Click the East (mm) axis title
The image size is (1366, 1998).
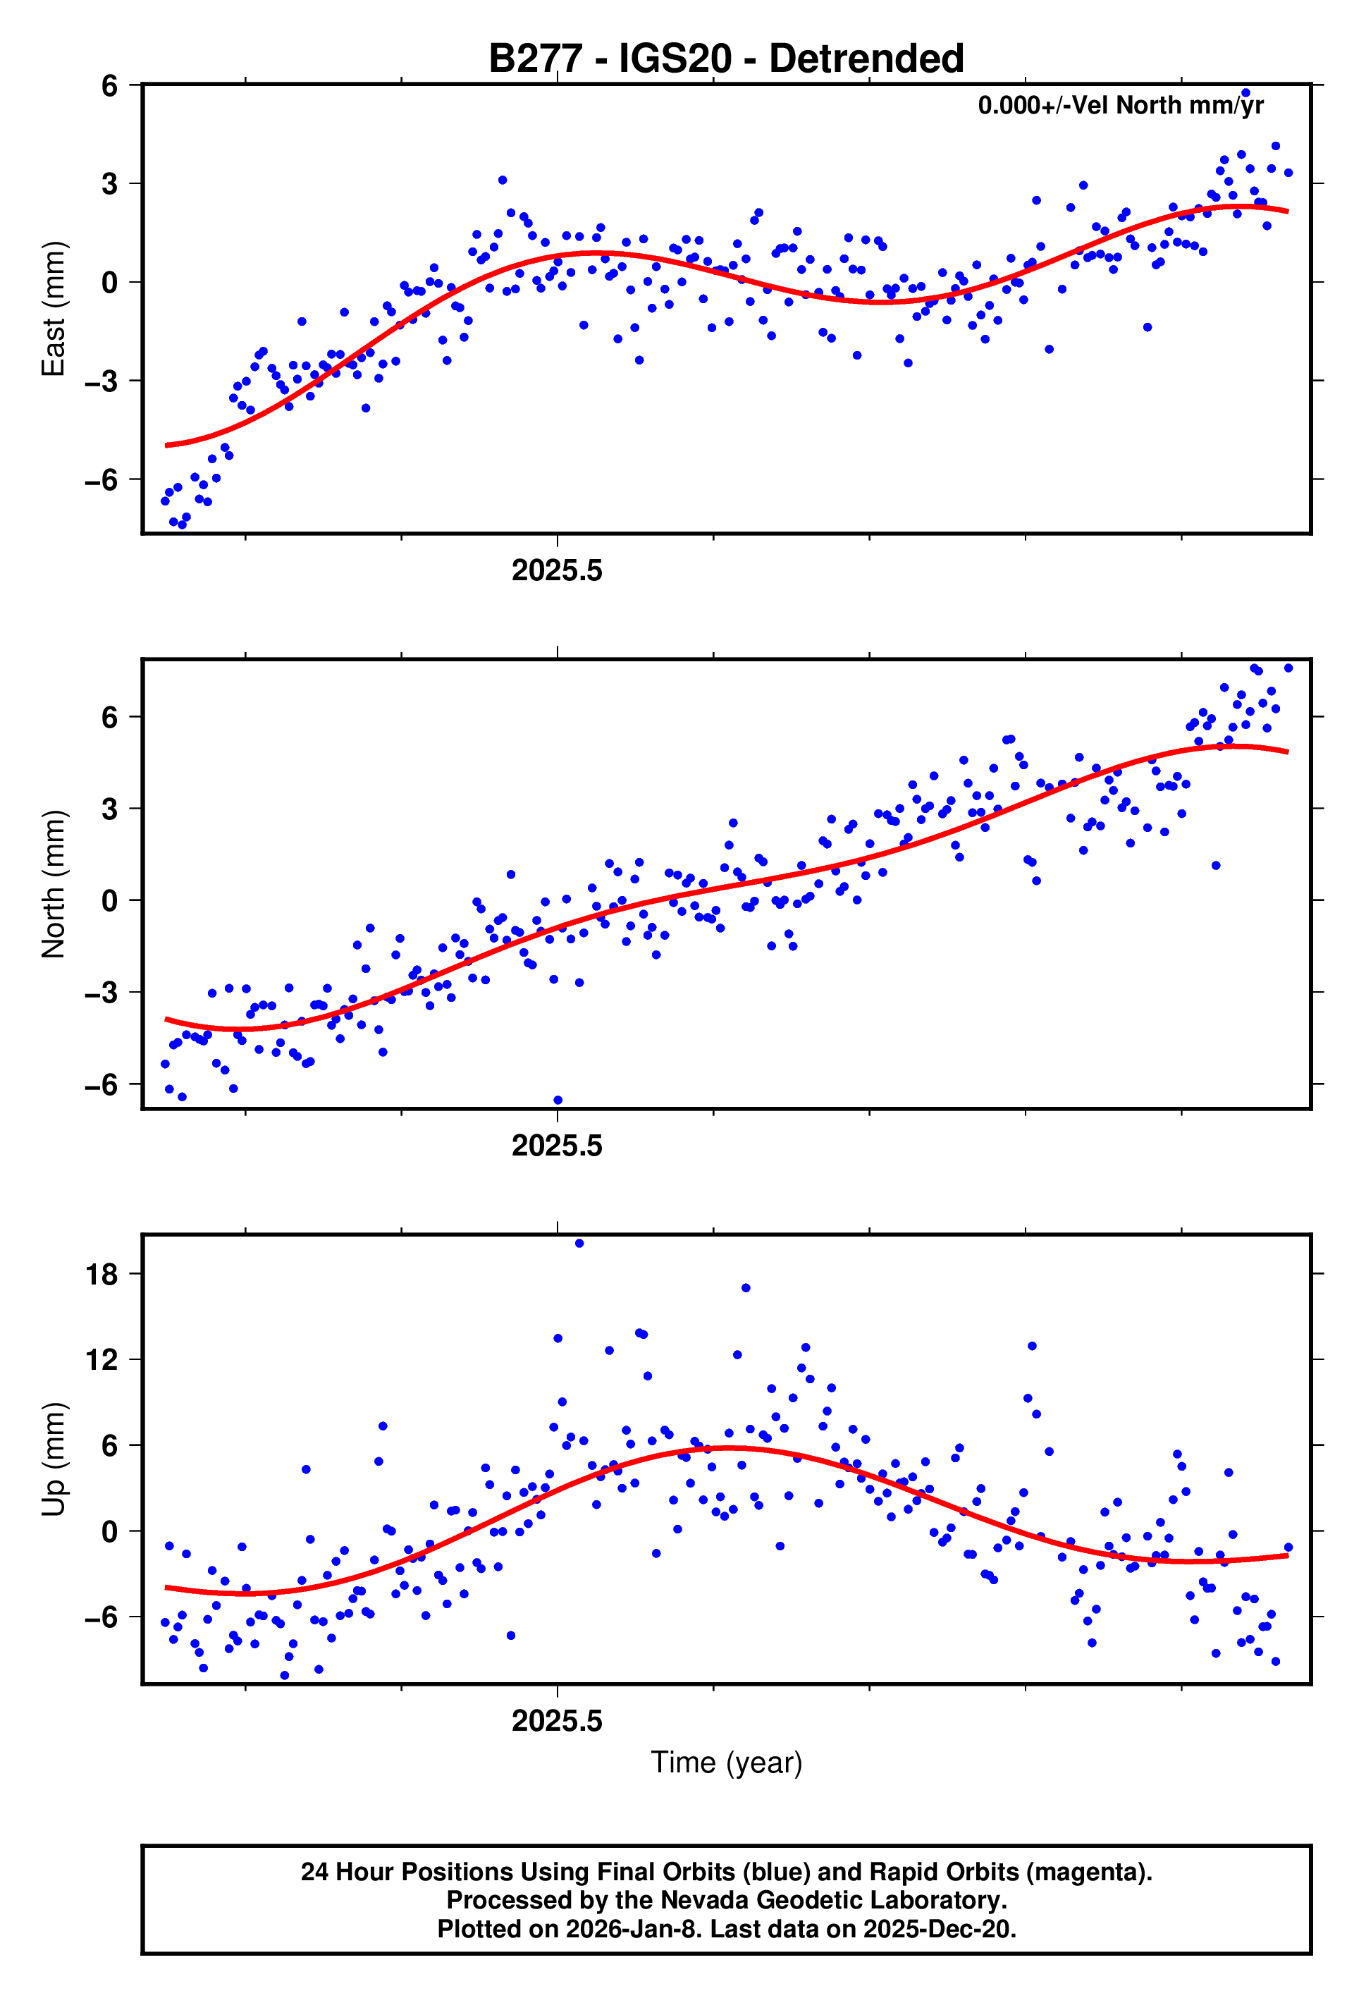[54, 309]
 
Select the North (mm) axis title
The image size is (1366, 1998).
[54, 884]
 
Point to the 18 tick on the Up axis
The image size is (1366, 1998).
[102, 1275]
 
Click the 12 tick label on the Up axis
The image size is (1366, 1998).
[102, 1361]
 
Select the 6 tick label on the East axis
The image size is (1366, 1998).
[109, 86]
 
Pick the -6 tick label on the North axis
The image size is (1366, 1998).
[101, 1085]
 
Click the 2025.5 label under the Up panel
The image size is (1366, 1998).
[557, 1721]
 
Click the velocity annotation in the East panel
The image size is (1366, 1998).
[1120, 106]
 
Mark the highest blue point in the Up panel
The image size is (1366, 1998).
[579, 1243]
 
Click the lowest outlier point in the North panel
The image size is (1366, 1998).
[558, 1101]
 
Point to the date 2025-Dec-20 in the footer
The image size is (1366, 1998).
[939, 1929]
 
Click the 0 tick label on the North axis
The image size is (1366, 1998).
[109, 901]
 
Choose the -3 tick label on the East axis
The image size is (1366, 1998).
[101, 381]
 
